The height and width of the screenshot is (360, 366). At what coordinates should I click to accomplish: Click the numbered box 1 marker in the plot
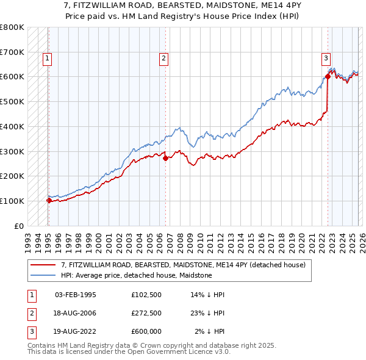click(48, 59)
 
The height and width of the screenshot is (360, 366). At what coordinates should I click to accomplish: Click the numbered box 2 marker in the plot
click(164, 59)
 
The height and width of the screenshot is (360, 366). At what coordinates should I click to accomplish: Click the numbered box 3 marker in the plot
click(326, 59)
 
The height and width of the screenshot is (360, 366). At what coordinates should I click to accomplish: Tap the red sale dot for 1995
click(49, 200)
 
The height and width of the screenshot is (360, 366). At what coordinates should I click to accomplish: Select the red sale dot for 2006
click(165, 157)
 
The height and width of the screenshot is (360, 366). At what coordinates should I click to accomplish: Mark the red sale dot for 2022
click(328, 76)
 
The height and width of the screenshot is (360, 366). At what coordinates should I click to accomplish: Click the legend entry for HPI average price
click(136, 275)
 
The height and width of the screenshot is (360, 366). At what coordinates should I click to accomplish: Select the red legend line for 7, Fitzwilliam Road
click(43, 265)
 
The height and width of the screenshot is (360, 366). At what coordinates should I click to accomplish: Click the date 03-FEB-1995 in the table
click(76, 295)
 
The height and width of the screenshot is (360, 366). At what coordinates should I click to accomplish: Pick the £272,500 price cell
click(146, 313)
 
